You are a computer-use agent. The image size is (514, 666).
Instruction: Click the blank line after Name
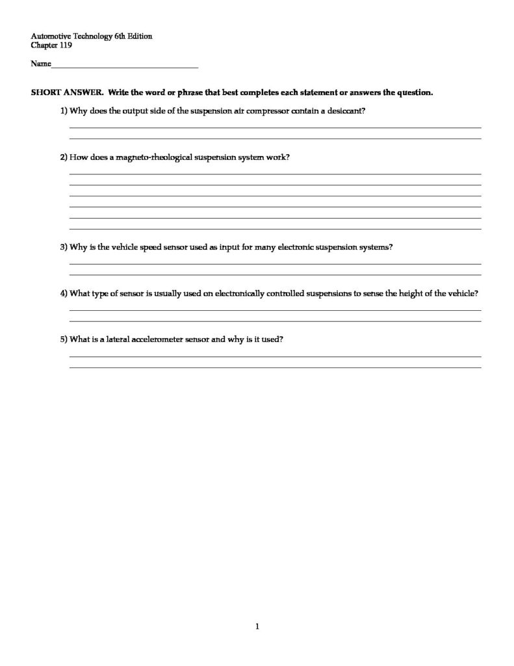coord(124,66)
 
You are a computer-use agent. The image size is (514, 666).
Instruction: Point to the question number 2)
coord(64,157)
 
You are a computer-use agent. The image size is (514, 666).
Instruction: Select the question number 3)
coord(64,247)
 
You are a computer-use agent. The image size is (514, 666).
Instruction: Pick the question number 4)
coord(64,293)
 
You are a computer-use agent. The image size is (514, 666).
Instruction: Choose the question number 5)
coord(64,340)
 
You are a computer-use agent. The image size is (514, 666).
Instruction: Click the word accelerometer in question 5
coord(158,340)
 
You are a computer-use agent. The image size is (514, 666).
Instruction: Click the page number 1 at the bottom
coord(257,627)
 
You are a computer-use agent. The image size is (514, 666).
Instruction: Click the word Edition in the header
coord(139,37)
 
